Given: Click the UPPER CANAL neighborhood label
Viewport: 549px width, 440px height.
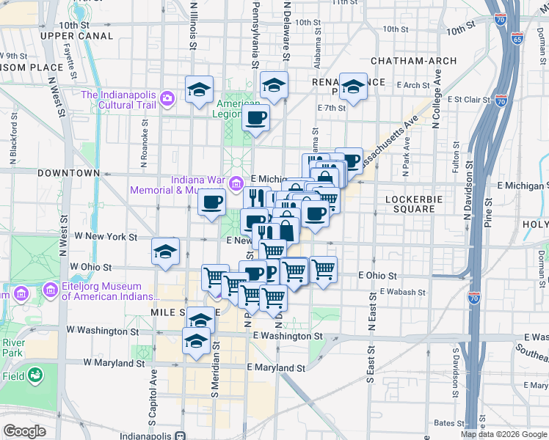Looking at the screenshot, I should (x=77, y=36).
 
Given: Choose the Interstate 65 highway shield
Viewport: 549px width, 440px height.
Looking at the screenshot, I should (x=517, y=39).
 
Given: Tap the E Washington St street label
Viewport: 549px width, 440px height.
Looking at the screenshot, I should (x=288, y=336).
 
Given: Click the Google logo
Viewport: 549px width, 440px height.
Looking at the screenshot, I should (x=24, y=431).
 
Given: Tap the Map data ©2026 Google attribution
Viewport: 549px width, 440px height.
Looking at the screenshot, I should (x=503, y=434).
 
